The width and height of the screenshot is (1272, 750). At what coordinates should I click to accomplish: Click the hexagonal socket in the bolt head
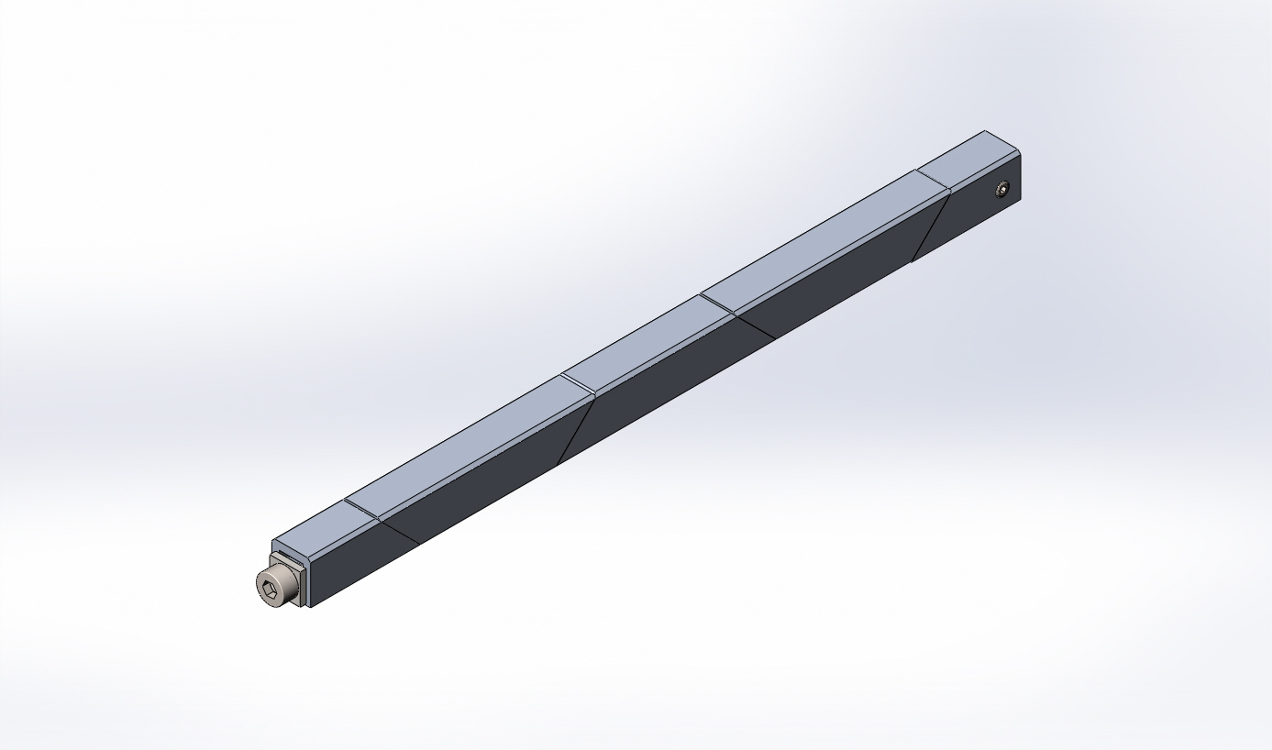[269, 590]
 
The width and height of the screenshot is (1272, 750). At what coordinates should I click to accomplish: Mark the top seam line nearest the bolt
[362, 513]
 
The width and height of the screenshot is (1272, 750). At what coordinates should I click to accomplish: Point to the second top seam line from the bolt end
[579, 386]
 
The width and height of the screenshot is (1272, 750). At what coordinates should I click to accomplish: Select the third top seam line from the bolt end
[718, 305]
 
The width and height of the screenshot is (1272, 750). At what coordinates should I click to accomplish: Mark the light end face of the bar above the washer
[293, 548]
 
